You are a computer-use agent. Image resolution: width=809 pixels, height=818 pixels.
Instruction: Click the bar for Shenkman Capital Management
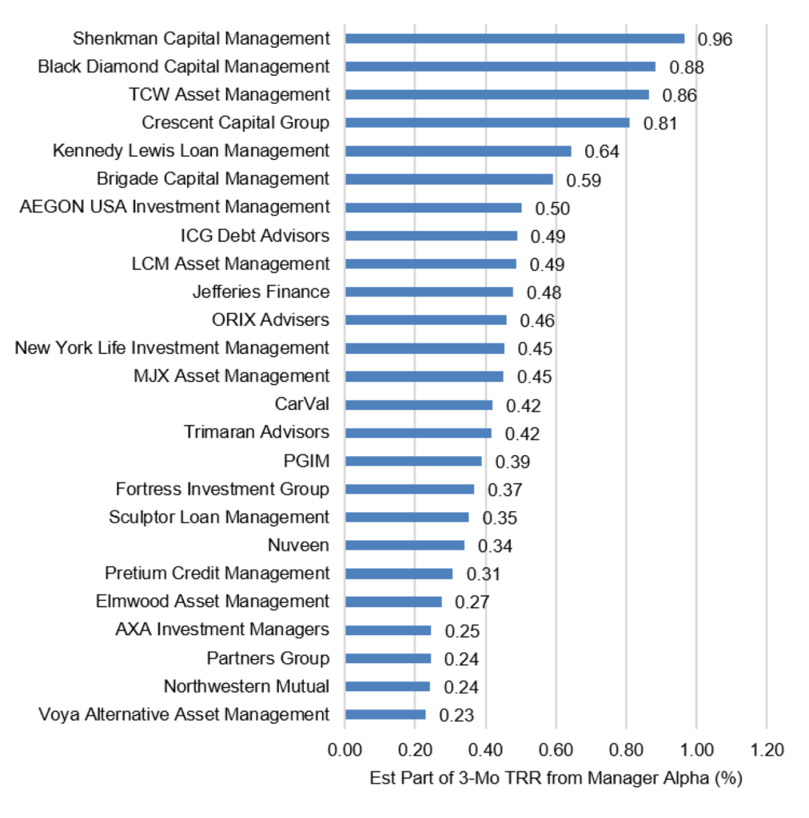(515, 38)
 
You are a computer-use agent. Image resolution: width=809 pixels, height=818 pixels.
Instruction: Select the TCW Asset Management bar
(497, 94)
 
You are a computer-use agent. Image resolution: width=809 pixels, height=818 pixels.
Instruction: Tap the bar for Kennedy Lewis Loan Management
(458, 151)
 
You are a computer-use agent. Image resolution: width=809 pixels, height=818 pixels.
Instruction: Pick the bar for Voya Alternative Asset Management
(385, 715)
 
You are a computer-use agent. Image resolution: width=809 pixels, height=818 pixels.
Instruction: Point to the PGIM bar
(413, 461)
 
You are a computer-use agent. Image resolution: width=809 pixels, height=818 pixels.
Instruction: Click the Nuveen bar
(404, 545)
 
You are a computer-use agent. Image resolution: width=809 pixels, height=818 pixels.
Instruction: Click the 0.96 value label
(715, 39)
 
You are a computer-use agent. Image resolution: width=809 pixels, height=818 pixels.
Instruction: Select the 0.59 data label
(584, 181)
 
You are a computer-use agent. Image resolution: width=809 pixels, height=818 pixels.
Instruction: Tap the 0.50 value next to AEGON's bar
(552, 208)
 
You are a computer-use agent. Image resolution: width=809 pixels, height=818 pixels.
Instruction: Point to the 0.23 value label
(456, 715)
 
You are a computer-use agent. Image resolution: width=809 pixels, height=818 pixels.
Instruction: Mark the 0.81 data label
(660, 124)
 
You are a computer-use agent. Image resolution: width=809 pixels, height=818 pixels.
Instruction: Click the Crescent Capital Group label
(235, 122)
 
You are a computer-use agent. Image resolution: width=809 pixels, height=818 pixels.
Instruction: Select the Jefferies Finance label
(261, 291)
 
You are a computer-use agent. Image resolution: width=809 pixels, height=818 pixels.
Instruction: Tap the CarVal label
(301, 403)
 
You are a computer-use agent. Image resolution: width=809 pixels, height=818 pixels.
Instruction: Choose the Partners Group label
(268, 658)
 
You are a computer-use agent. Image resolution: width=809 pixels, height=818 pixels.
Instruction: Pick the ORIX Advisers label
(270, 320)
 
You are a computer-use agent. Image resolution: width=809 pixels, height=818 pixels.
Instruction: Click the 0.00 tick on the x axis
(345, 749)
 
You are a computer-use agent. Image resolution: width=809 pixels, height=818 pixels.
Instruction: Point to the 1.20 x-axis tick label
(767, 749)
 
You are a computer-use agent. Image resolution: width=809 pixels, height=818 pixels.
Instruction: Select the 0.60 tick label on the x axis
(556, 749)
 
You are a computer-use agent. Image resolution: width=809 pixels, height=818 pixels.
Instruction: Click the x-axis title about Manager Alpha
(556, 778)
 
